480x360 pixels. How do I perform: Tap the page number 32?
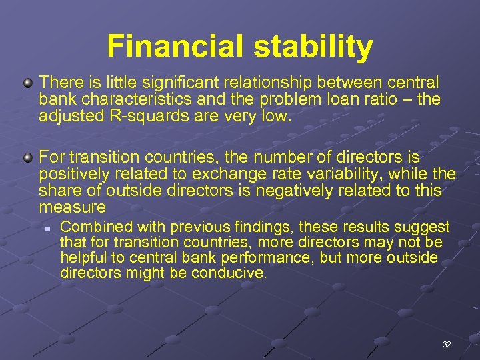447,345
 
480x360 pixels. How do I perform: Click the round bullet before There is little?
27,83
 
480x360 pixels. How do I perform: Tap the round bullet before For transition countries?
27,158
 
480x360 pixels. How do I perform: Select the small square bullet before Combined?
48,228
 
